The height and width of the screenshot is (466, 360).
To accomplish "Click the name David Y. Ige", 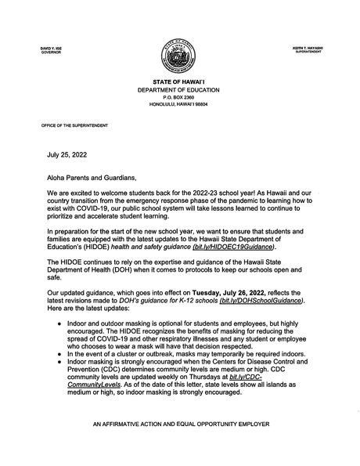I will pos(39,49).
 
